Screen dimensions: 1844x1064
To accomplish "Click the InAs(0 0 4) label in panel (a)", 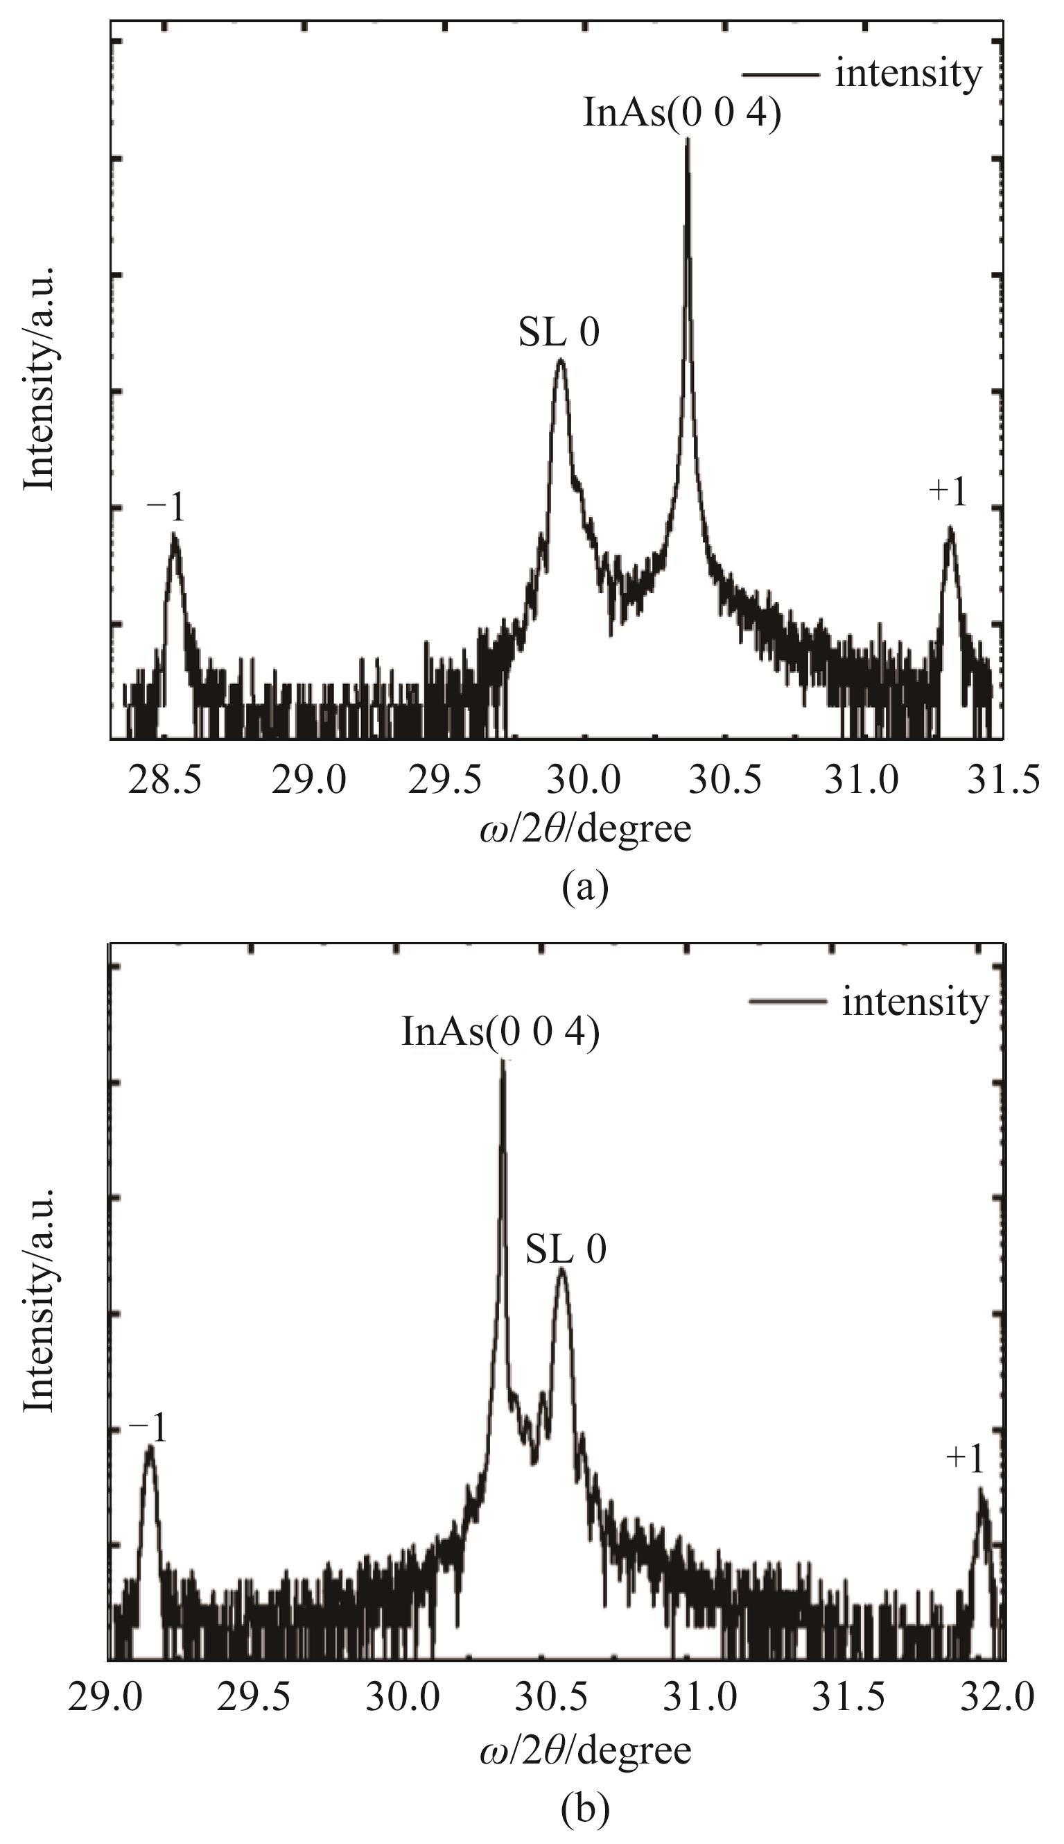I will coord(682,114).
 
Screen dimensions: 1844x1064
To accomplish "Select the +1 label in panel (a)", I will coord(948,493).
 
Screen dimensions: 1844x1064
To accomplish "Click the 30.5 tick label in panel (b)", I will coord(554,1695).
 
